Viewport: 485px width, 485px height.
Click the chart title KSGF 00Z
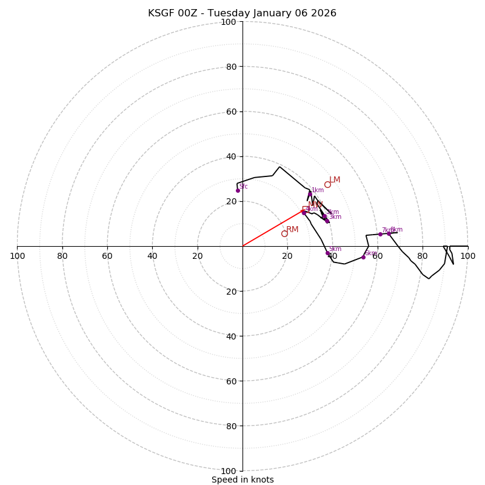(242, 13)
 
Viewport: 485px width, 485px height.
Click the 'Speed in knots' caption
(242, 480)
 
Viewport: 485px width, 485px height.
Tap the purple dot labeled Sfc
(238, 190)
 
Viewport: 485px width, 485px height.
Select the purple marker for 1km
(310, 194)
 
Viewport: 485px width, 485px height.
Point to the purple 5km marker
(327, 253)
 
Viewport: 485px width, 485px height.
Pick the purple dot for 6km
(363, 257)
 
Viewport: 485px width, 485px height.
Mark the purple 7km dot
(380, 234)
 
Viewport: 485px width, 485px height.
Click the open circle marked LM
(327, 185)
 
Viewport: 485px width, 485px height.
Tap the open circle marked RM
(284, 233)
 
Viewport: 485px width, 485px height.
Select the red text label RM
(292, 229)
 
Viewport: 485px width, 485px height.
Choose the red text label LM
(335, 180)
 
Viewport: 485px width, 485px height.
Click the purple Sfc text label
(243, 187)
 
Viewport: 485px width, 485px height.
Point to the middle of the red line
(273, 228)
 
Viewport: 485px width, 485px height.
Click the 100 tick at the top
(229, 22)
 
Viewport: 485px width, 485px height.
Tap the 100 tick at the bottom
(229, 471)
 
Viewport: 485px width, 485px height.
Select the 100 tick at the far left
(18, 256)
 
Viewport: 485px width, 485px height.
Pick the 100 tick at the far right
(467, 256)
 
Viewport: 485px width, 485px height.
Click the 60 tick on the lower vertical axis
(231, 381)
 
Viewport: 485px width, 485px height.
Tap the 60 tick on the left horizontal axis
(107, 256)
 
